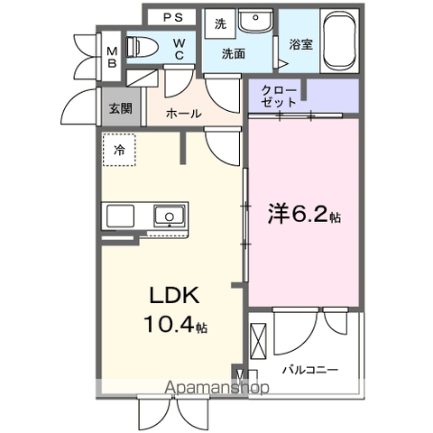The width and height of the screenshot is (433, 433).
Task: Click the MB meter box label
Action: (112, 57)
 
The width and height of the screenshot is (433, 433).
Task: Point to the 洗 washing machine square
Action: (220, 24)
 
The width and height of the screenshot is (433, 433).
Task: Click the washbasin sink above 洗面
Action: (257, 20)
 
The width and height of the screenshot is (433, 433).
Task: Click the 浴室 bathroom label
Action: (300, 42)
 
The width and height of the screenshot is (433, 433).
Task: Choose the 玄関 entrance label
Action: (119, 108)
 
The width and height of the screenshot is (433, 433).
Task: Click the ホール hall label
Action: (184, 114)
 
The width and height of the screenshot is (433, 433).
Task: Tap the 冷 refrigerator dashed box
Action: (118, 152)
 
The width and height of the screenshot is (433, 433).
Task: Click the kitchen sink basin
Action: (169, 216)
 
